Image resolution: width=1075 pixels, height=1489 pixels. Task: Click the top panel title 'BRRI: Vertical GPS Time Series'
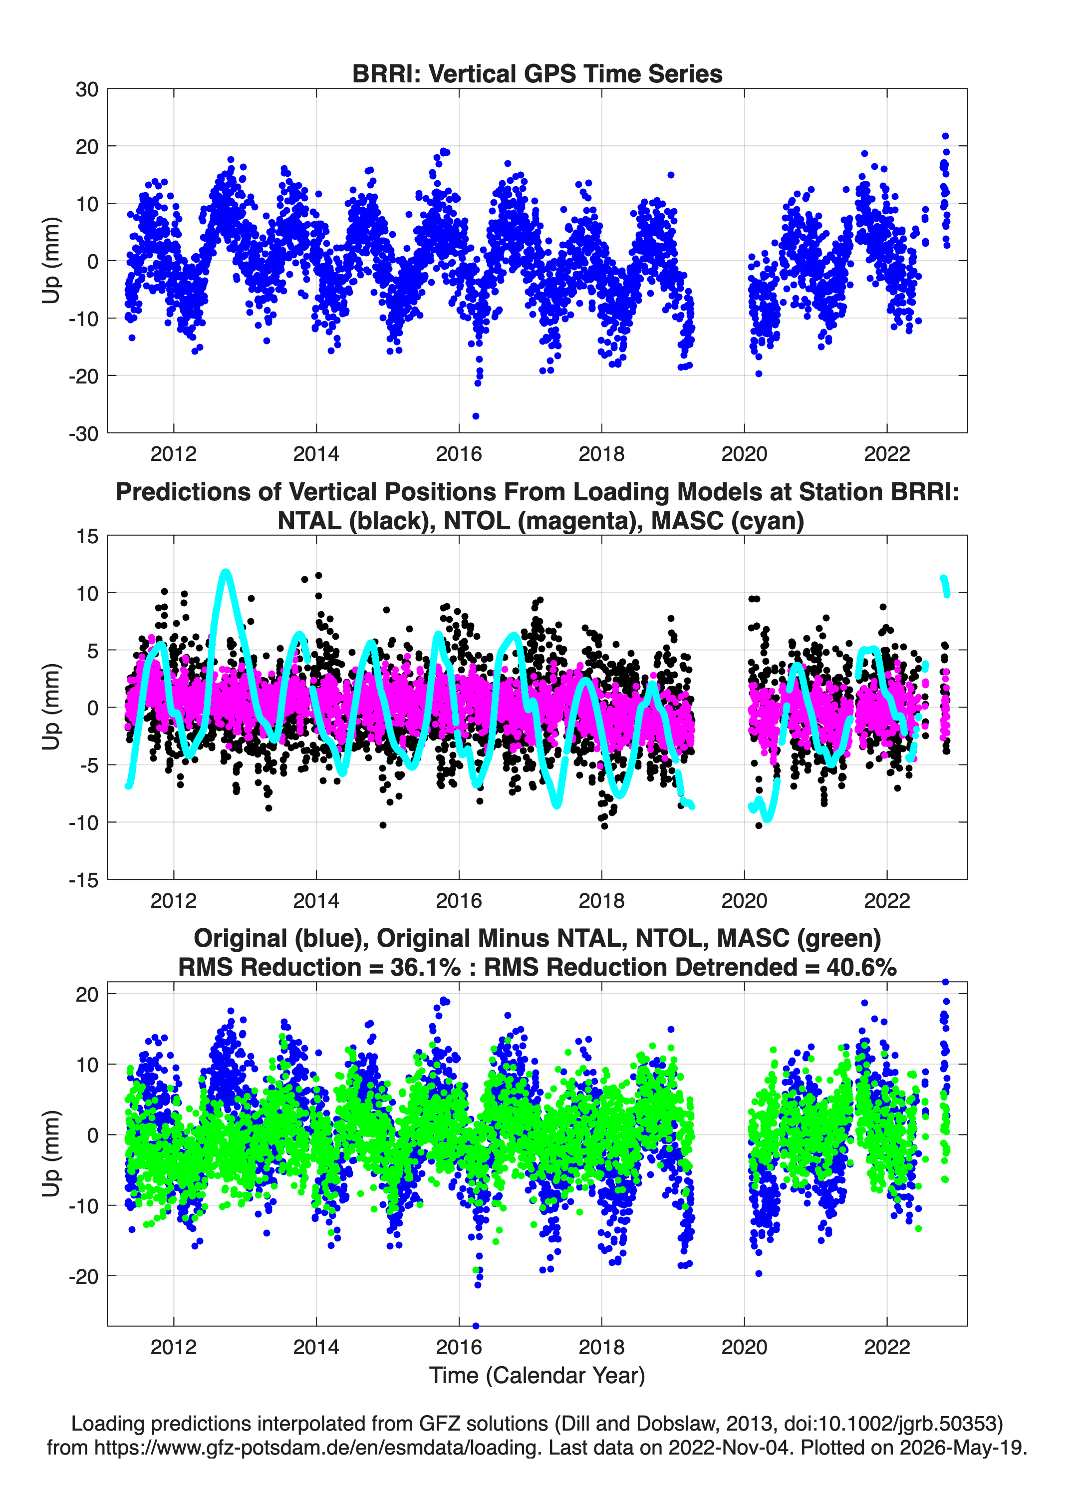pyautogui.click(x=537, y=73)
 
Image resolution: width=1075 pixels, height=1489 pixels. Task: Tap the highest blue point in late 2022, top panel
pyautogui.click(x=945, y=136)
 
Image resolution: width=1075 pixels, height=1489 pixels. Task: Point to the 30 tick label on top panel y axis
pyautogui.click(x=87, y=89)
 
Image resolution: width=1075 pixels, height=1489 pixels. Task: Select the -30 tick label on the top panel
pyautogui.click(x=83, y=433)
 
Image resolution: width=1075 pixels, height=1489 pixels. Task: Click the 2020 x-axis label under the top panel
pyautogui.click(x=744, y=454)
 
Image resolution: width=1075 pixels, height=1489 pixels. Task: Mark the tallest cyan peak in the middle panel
pyautogui.click(x=226, y=573)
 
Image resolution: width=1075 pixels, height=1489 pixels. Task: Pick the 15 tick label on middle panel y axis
pyautogui.click(x=87, y=536)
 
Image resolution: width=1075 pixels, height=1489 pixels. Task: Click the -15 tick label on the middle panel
pyautogui.click(x=83, y=880)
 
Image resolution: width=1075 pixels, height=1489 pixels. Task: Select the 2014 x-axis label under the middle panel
pyautogui.click(x=316, y=900)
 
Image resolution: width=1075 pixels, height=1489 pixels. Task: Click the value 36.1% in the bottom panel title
pyautogui.click(x=425, y=967)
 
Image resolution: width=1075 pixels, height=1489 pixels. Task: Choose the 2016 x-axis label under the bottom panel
pyautogui.click(x=459, y=1347)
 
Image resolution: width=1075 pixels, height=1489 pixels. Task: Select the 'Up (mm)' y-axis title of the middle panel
pyautogui.click(x=51, y=707)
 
